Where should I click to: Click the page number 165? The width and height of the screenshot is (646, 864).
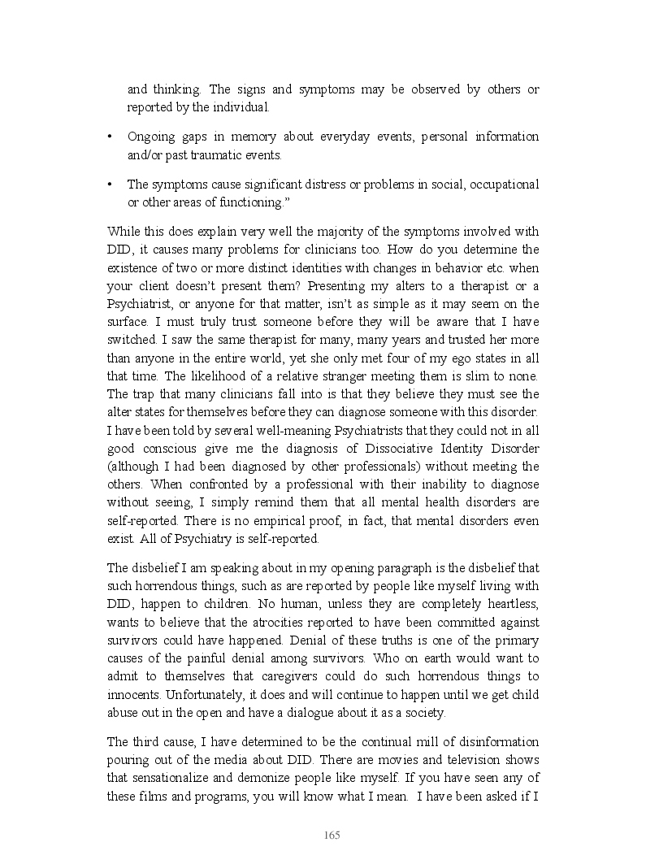click(332, 836)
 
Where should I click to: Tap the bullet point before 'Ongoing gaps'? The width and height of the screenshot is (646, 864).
click(110, 137)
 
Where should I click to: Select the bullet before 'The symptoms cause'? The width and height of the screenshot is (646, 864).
click(110, 184)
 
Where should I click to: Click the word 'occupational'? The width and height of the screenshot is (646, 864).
click(505, 185)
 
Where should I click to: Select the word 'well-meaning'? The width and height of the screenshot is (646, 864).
click(271, 429)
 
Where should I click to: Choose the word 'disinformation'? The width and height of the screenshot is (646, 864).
click(495, 742)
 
